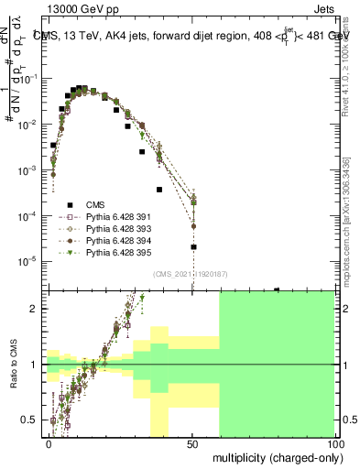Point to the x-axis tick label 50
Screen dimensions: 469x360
pyautogui.click(x=192, y=443)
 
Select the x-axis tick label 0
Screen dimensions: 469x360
pyautogui.click(x=49, y=443)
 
